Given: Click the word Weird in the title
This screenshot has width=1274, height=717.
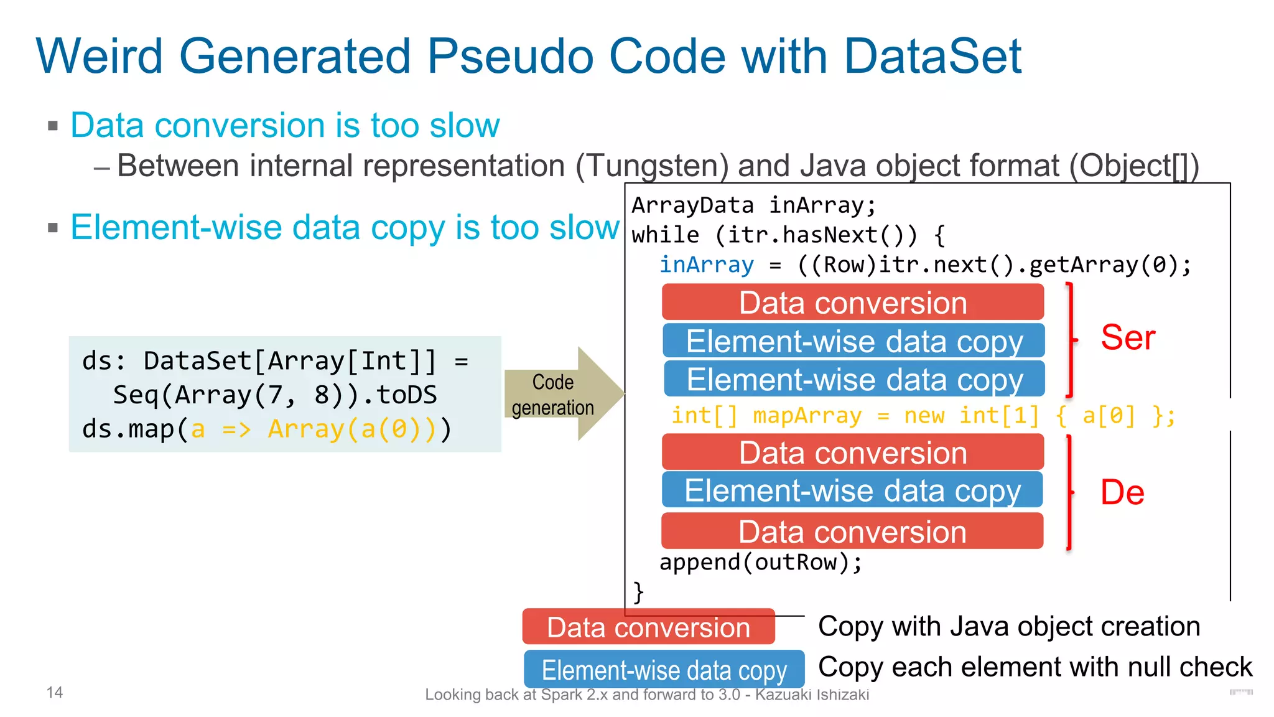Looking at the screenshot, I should (100, 56).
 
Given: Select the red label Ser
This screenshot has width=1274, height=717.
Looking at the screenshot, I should (1127, 338).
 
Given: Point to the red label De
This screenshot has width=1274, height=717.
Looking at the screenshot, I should (1122, 492).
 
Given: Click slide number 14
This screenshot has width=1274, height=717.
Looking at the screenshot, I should (55, 692).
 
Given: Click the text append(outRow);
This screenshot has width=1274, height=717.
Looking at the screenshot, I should (760, 563).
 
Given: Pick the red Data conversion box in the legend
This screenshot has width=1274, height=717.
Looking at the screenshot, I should (648, 627).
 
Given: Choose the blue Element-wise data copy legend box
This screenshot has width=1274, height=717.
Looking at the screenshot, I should (664, 670).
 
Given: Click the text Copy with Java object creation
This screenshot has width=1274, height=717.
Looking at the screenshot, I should (1008, 626).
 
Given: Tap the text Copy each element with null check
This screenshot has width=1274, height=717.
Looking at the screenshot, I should (1035, 667).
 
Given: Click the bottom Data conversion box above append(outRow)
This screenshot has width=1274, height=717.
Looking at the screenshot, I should (852, 532).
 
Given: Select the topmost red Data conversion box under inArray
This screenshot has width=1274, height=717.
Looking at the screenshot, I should (852, 302).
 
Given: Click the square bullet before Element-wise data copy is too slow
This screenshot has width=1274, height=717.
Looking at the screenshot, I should (53, 228).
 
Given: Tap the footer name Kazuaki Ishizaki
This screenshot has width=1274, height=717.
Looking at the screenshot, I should (812, 695).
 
